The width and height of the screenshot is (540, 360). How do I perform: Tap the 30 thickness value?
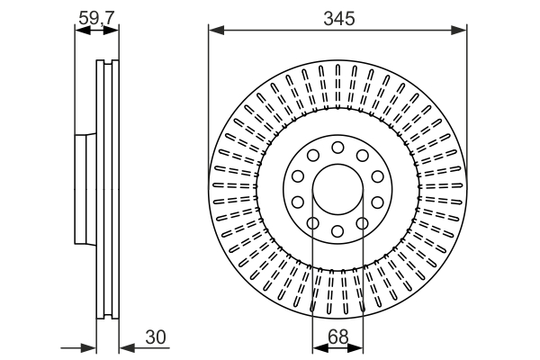[154, 337]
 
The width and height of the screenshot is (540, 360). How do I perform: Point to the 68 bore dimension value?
[337, 337]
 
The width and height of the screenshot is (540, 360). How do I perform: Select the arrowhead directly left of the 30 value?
[125, 346]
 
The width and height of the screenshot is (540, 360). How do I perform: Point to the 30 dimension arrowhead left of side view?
[89, 346]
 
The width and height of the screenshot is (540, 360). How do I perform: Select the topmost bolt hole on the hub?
[337, 148]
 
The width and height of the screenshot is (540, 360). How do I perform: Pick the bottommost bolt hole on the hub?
[337, 232]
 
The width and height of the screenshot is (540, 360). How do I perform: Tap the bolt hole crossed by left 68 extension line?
[313, 224]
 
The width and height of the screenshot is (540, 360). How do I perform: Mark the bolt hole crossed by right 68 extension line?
[362, 224]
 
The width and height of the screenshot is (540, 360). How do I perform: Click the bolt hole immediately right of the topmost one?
[362, 156]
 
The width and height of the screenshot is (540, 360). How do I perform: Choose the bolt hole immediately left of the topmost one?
[313, 156]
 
